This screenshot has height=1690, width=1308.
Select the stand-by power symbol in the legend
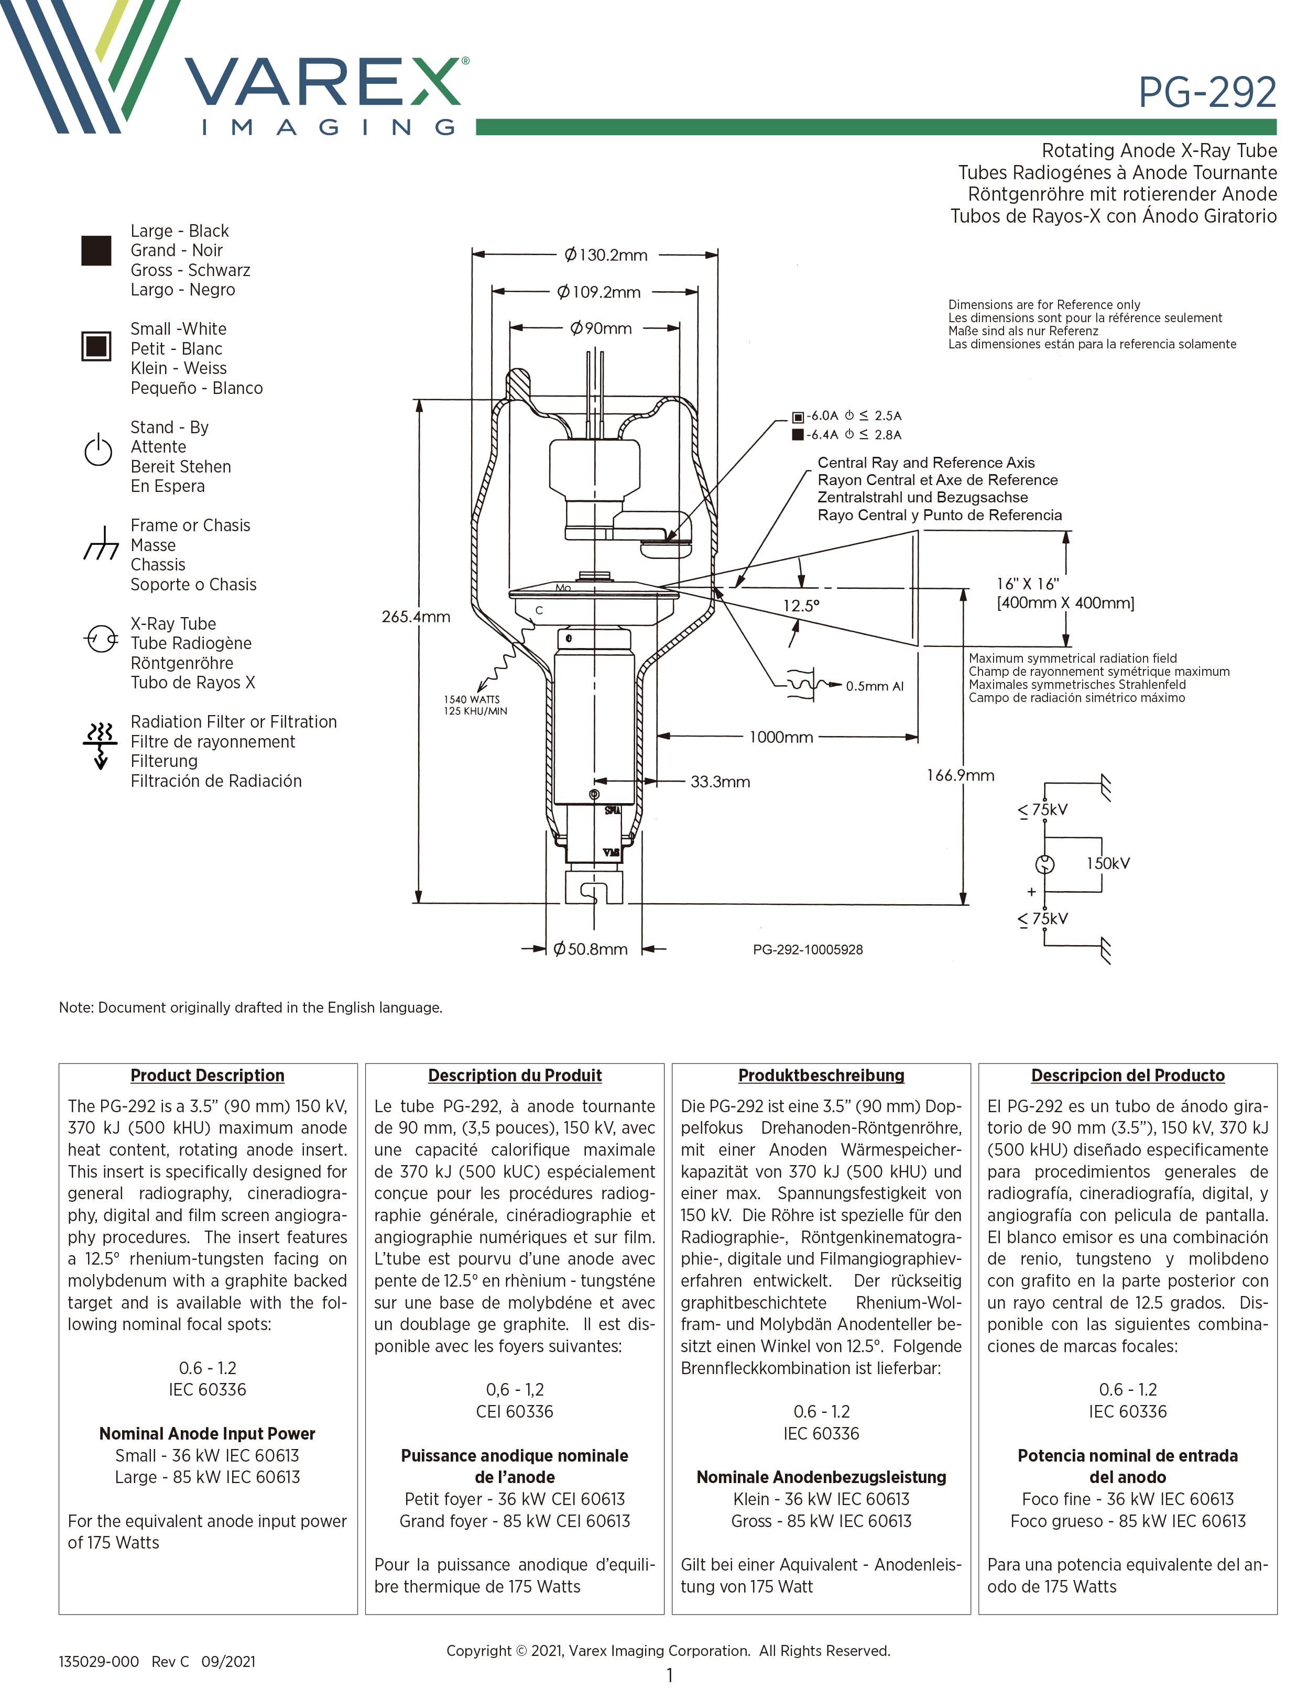tap(99, 451)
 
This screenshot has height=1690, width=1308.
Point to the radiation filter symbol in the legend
tap(100, 744)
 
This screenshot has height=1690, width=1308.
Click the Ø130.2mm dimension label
tap(605, 255)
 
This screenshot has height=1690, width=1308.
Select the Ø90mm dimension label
tap(601, 328)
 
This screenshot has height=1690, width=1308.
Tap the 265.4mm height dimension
tap(416, 617)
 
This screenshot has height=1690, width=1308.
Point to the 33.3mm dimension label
tap(720, 782)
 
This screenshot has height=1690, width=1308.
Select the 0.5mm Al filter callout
tap(874, 686)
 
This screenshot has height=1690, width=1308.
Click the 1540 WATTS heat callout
tap(471, 699)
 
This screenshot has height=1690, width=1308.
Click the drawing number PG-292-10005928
tap(807, 949)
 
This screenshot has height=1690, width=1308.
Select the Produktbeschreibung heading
tap(821, 1075)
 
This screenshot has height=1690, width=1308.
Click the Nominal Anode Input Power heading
tap(208, 1433)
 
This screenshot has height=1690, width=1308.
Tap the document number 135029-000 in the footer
tap(99, 1661)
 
